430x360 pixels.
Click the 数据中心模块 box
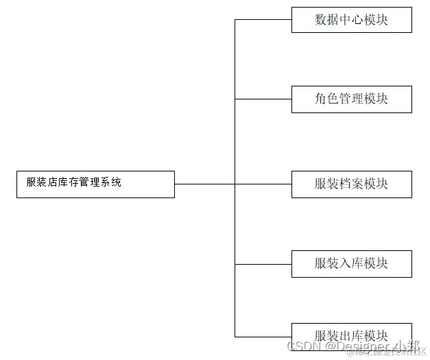(x=351, y=20)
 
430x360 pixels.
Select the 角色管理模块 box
(x=351, y=99)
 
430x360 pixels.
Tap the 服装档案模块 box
(x=351, y=184)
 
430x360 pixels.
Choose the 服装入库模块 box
(x=351, y=263)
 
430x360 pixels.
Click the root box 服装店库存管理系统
(x=95, y=184)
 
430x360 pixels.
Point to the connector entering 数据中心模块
(x=263, y=19)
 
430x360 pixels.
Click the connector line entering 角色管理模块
(x=263, y=99)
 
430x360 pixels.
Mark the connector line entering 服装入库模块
(x=263, y=264)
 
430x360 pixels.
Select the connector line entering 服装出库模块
(x=263, y=336)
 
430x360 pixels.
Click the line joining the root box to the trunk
(x=204, y=184)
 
